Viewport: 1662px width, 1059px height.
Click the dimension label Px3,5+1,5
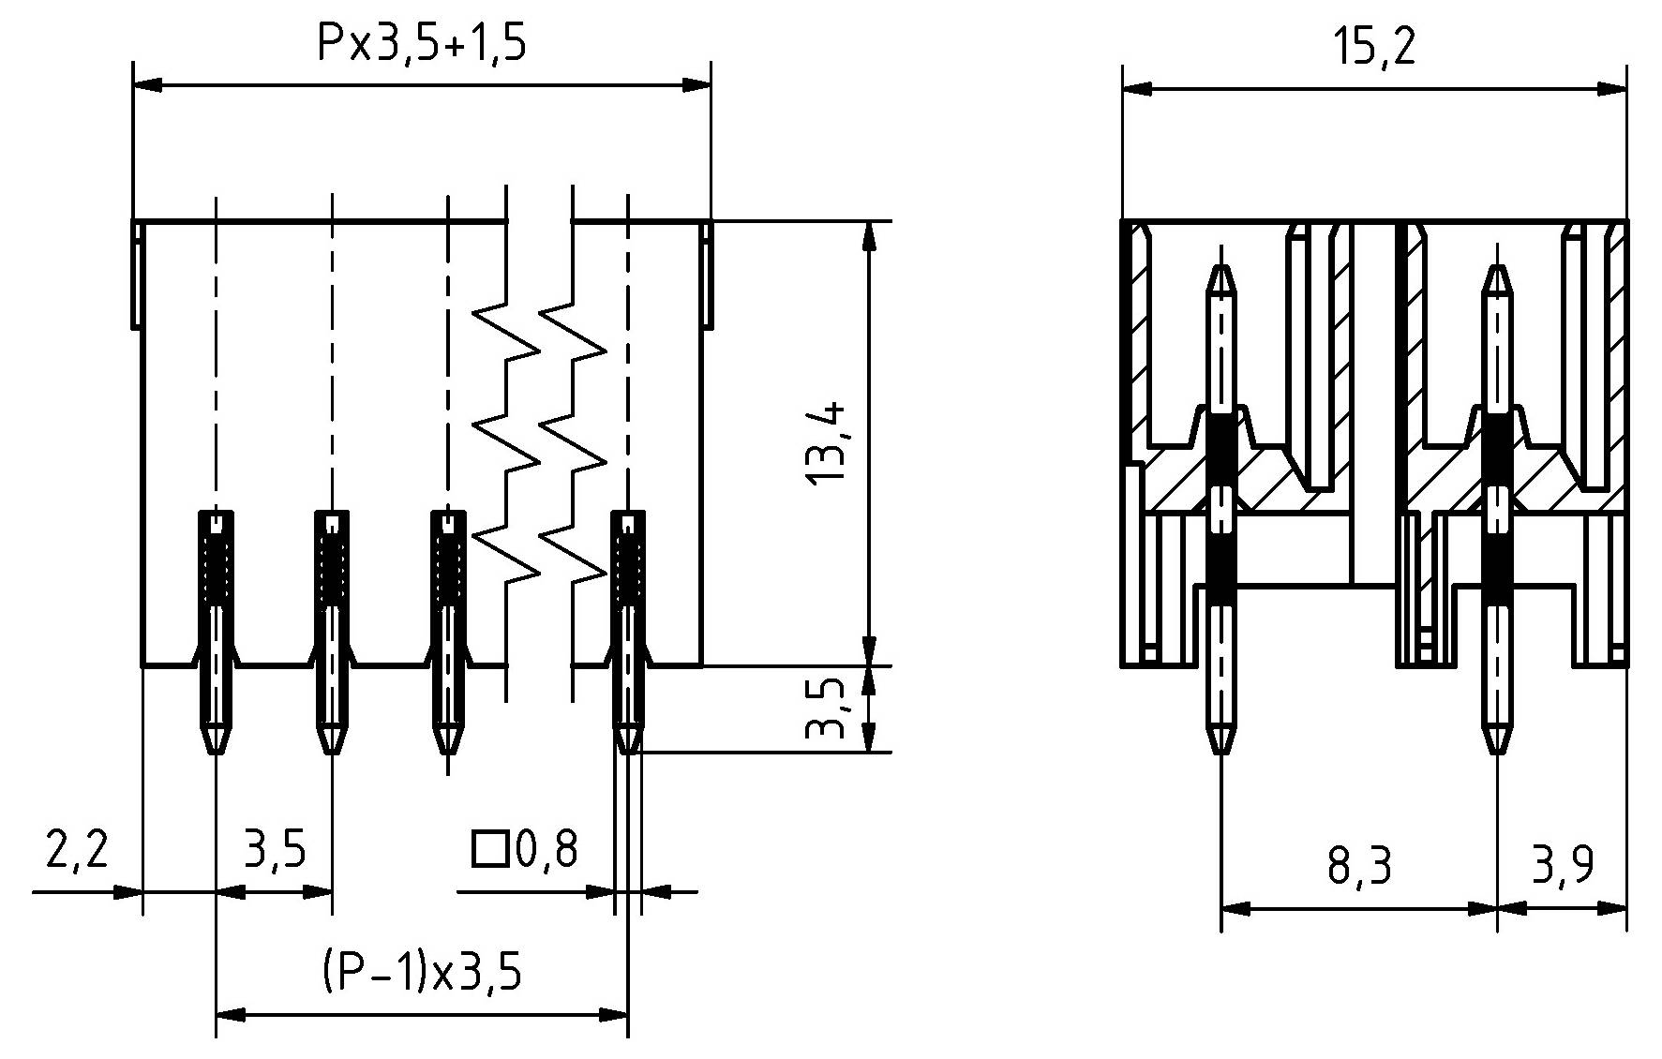[x=421, y=44]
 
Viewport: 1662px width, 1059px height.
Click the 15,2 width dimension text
[x=1375, y=47]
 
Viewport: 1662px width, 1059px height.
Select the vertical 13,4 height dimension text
[x=827, y=442]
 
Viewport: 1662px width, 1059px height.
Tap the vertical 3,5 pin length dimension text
[x=827, y=709]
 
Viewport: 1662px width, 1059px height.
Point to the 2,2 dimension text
[x=77, y=850]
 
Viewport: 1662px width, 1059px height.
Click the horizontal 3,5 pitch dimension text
[x=275, y=850]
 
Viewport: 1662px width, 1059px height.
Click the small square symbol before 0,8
[x=488, y=850]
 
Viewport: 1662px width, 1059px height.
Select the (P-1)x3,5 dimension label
[x=421, y=972]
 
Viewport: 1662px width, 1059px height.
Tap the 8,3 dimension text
[x=1359, y=867]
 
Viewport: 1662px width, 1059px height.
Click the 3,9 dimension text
[x=1563, y=867]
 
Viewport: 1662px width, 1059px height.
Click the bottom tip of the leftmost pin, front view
[x=216, y=752]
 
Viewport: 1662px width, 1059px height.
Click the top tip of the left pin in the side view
[x=1220, y=267]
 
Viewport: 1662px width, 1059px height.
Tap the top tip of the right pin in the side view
[x=1497, y=267]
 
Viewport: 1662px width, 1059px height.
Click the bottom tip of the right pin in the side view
[x=1497, y=753]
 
